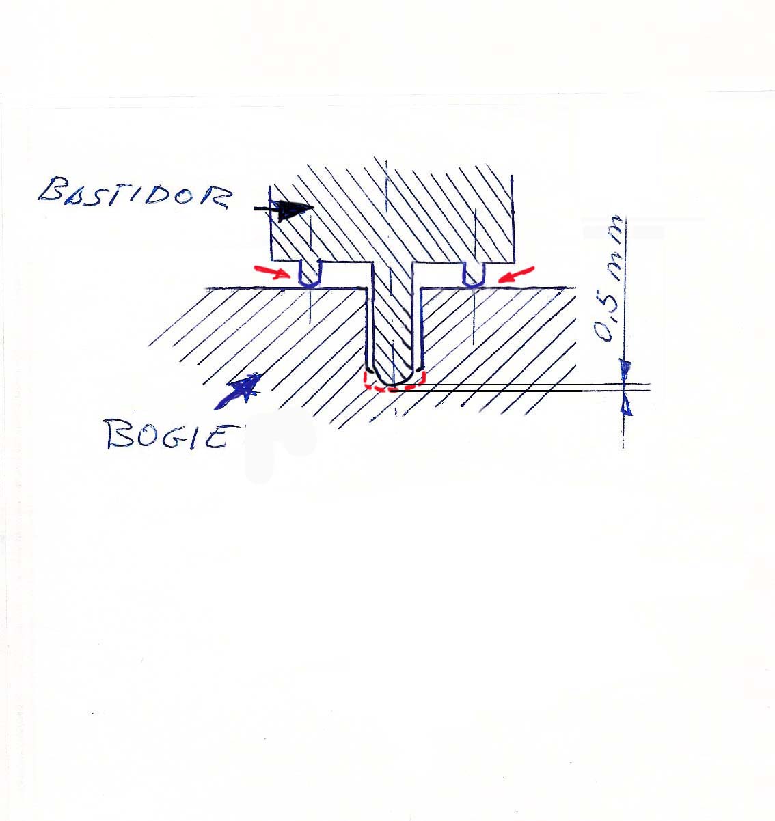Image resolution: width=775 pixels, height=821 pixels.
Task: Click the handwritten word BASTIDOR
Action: click(x=134, y=193)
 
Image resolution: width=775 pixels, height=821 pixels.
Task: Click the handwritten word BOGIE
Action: click(x=168, y=434)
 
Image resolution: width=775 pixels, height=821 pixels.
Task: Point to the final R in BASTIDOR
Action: click(x=215, y=198)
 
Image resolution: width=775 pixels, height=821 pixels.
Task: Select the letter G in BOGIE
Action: click(x=174, y=436)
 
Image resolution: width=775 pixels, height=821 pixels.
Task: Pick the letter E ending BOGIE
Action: click(x=215, y=436)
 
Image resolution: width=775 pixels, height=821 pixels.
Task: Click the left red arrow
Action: click(x=271, y=271)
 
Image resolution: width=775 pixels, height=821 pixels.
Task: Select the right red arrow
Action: click(x=515, y=275)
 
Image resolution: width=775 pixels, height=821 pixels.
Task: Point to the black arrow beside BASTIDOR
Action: click(x=284, y=210)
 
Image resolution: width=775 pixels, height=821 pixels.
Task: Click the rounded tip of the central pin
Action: click(x=393, y=384)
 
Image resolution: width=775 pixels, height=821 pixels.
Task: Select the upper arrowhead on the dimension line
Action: click(x=625, y=369)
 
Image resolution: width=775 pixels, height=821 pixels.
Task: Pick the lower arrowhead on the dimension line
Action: click(x=627, y=405)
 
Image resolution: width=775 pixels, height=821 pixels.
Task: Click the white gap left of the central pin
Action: click(x=346, y=274)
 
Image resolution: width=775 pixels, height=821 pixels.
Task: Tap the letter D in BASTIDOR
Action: click(x=153, y=196)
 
